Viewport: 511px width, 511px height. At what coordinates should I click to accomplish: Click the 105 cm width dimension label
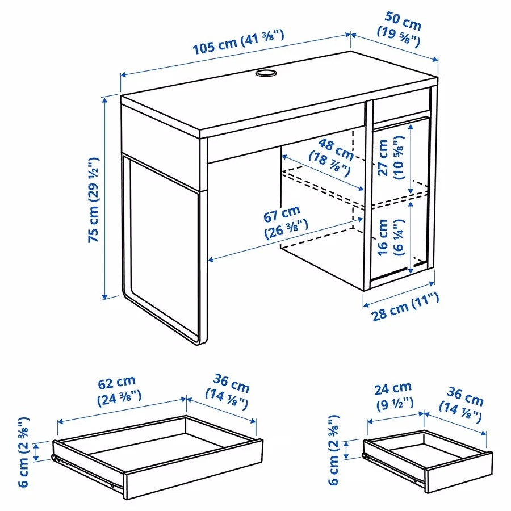(238, 43)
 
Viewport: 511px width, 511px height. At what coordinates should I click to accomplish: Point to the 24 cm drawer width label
(392, 395)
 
